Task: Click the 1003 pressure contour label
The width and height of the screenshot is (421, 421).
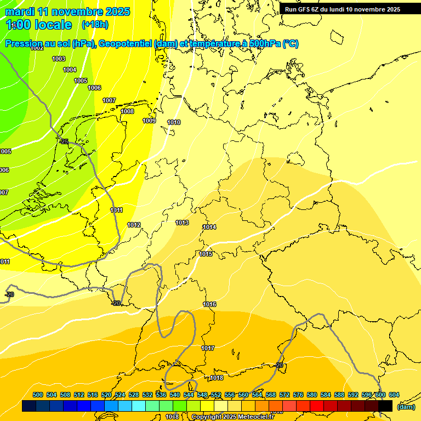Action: (x=59, y=59)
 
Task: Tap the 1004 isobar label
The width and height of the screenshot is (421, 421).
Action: (x=70, y=70)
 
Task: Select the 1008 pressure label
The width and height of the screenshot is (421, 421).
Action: (x=127, y=111)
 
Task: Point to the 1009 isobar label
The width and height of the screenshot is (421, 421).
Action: (x=149, y=121)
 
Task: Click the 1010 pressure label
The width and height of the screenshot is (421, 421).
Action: (x=174, y=122)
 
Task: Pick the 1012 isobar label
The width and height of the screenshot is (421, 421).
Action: (x=134, y=225)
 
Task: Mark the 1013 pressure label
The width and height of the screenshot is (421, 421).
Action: (x=182, y=223)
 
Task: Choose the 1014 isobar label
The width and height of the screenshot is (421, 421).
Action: (x=209, y=227)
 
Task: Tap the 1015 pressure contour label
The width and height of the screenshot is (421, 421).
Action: (x=206, y=254)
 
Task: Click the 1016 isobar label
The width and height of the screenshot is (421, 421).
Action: (x=209, y=304)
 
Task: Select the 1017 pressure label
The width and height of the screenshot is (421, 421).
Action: (x=207, y=348)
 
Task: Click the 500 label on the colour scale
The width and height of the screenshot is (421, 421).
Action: (x=38, y=395)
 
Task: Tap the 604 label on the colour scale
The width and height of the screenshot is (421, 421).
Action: (x=394, y=395)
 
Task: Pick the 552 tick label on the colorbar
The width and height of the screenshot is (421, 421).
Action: (x=216, y=395)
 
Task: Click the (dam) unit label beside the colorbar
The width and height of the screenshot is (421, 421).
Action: (x=406, y=407)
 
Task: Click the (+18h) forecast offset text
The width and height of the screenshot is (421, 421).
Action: (x=95, y=25)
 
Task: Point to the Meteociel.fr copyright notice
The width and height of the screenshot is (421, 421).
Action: (x=232, y=417)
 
